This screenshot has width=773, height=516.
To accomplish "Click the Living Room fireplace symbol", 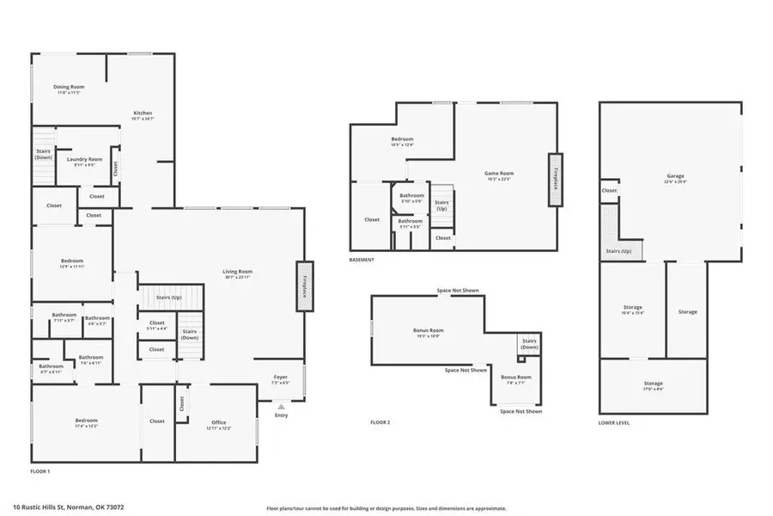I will [x=303, y=285].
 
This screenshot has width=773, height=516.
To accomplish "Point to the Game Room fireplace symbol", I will [x=555, y=178].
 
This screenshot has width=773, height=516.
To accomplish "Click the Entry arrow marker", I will [x=281, y=407].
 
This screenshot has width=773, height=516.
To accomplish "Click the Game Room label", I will [x=498, y=175].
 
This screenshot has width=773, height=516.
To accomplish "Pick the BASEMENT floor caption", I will [x=362, y=260].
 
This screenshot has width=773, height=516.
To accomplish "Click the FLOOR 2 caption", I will [x=380, y=422].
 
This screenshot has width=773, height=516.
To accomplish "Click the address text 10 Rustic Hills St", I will [x=68, y=507].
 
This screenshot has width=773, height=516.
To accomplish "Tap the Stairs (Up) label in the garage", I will [x=618, y=251].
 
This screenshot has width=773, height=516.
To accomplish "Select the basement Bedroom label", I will [x=402, y=141].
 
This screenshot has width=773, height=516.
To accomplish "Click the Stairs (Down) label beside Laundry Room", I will [x=43, y=155].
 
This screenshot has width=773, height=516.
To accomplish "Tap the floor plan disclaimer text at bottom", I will [x=386, y=507].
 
